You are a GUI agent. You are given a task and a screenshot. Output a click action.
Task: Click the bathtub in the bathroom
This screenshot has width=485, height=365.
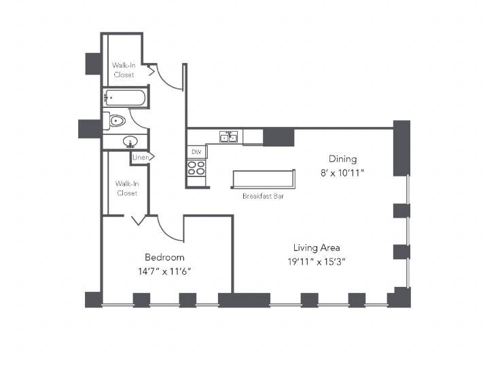124,98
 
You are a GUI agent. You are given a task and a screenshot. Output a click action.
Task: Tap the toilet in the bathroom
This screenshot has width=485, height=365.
114,121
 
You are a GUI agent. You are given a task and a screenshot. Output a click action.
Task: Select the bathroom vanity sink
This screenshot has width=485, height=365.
130,142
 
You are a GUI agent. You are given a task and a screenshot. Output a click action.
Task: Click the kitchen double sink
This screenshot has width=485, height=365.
229,136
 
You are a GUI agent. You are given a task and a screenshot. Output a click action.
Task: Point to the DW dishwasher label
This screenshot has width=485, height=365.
196,152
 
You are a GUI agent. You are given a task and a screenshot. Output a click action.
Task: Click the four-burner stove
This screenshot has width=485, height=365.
196,168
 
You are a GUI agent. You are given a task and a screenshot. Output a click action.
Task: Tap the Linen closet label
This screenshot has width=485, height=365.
141,157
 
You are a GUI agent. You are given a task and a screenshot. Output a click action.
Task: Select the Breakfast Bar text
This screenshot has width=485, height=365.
263,196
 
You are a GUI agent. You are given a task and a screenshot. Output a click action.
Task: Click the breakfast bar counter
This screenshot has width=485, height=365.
263,178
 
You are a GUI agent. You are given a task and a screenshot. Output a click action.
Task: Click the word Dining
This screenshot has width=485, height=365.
342,159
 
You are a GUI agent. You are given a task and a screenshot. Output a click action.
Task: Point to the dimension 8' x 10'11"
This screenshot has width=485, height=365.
342,173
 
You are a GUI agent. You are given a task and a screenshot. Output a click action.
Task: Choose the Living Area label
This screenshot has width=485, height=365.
317,248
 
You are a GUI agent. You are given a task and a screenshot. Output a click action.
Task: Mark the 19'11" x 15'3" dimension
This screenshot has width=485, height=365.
317,262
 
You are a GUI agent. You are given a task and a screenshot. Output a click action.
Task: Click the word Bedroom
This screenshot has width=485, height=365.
164,257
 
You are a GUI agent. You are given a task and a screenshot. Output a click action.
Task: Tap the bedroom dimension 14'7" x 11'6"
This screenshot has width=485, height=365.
164,271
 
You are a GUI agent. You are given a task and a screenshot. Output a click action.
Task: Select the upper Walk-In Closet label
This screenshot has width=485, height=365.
124,70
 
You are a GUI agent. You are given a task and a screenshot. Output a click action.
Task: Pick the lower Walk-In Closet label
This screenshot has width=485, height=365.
127,188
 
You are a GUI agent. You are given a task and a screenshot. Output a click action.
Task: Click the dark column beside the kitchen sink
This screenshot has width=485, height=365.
279,136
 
